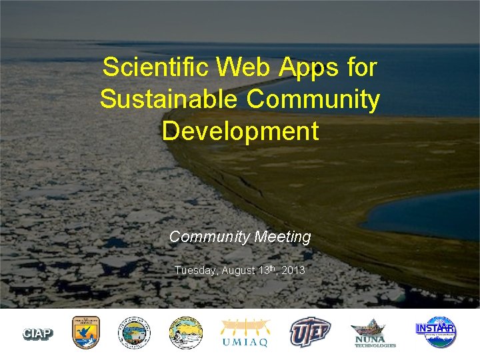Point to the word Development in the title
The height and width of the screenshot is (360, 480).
point(240,131)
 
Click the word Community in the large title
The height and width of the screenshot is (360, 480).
point(313,99)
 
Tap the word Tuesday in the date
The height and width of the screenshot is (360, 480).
point(195,271)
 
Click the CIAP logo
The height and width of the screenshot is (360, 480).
point(38,333)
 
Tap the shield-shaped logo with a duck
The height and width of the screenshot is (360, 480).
point(86,332)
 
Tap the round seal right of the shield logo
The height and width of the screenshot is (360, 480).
point(135,332)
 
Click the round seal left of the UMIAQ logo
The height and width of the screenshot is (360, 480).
point(185,332)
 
